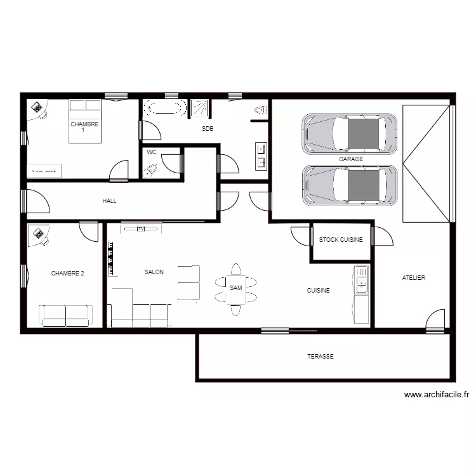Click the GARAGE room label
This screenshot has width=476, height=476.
[351, 159]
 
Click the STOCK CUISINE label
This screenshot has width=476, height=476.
[341, 240]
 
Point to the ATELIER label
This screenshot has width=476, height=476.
[414, 278]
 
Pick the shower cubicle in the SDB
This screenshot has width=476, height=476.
[201, 108]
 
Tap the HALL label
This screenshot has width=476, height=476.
[110, 201]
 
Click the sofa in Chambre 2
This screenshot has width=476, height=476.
[66, 315]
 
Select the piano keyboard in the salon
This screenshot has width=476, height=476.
[112, 258]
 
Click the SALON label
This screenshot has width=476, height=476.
[154, 272]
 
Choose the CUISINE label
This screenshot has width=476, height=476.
[318, 291]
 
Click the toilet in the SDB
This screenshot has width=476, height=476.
[259, 110]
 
